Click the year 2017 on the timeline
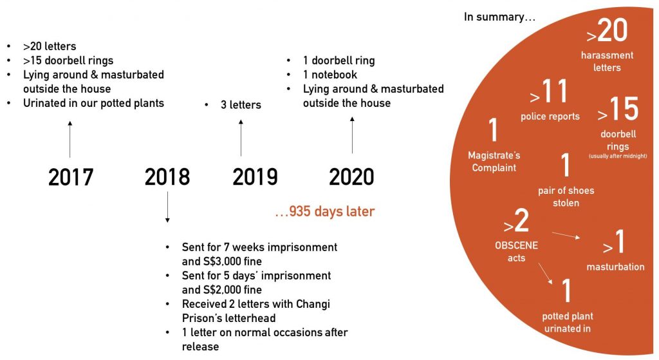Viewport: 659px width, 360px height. (71, 177)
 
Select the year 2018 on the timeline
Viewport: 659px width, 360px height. (167, 177)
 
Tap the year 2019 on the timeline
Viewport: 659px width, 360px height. (255, 177)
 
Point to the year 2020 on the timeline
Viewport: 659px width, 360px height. (351, 177)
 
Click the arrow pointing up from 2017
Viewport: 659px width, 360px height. (70, 139)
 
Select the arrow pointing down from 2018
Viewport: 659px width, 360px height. (167, 207)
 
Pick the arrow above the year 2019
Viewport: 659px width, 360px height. (241, 138)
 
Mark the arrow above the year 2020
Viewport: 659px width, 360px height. (352, 135)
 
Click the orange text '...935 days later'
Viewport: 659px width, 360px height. (324, 211)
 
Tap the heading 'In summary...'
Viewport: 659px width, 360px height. (499, 17)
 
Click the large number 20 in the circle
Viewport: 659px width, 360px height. (613, 30)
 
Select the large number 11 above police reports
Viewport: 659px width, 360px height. (554, 91)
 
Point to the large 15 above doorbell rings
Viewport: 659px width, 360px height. (624, 109)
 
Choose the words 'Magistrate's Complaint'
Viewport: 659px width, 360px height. (494, 162)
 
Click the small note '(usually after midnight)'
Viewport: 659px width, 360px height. (618, 156)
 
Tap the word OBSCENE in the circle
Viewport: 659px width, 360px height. (516, 245)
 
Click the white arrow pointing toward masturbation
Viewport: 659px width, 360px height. (566, 235)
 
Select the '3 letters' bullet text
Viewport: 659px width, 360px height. (241, 105)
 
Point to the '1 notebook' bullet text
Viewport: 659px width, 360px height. (330, 75)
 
